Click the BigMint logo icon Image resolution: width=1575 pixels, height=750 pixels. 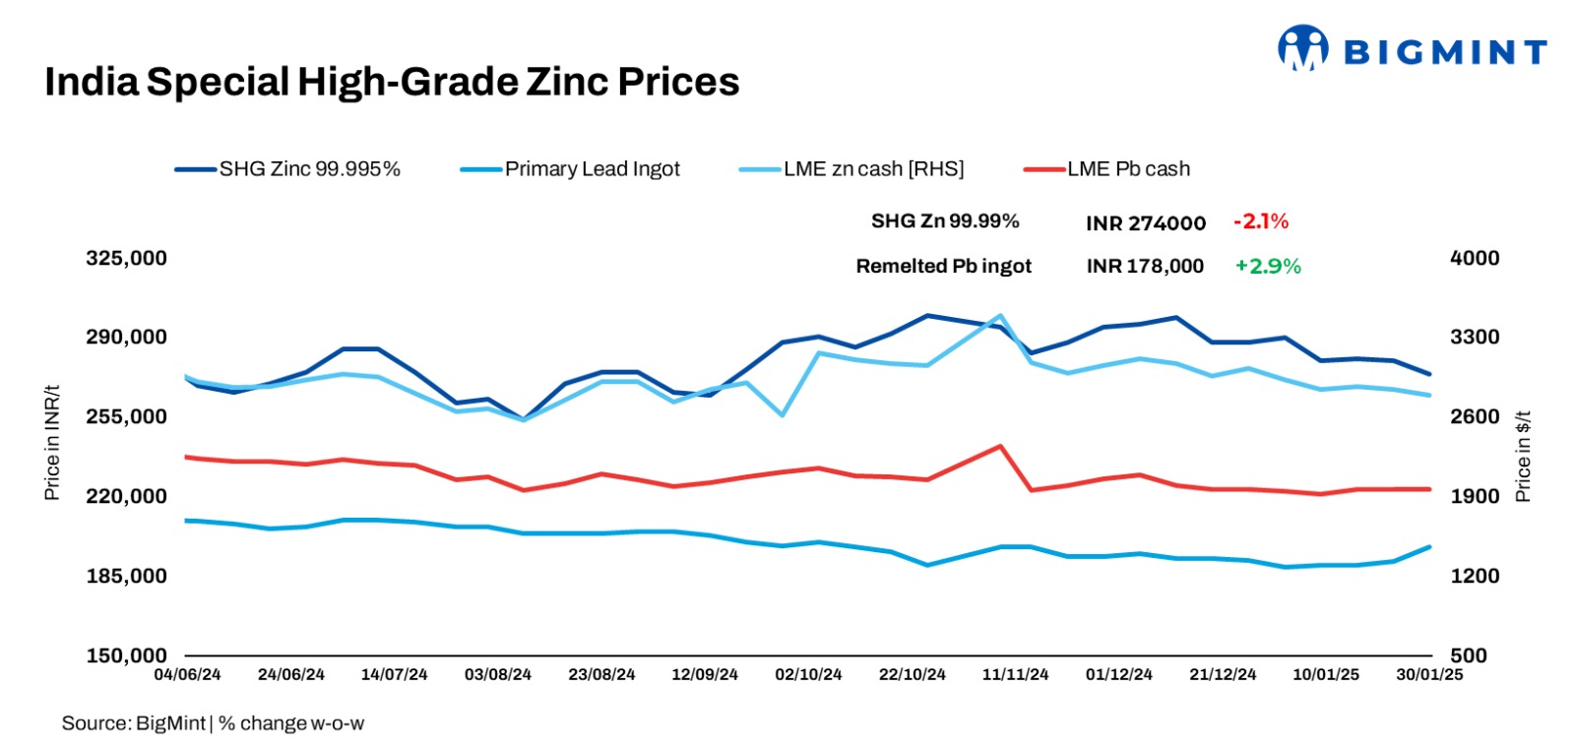pos(1303,48)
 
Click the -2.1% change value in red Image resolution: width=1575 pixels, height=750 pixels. pos(1261,221)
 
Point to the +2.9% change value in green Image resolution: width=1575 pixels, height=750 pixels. pos(1268,266)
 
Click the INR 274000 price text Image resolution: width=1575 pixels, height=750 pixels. pos(1146,223)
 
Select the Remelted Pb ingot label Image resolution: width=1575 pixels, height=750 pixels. pos(943,266)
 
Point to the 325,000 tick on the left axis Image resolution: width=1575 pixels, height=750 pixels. pos(126,258)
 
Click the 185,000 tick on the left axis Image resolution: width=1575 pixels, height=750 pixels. pos(126,576)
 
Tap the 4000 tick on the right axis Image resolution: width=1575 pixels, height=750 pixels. pos(1475,258)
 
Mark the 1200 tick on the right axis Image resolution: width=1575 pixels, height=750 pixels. pos(1475,576)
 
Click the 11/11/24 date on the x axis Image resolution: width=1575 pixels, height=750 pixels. pos(1015,675)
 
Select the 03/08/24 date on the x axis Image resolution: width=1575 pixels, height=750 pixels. pos(497,675)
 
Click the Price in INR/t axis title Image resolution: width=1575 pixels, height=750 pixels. pos(52,443)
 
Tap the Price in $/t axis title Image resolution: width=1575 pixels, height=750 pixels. pos(1523,457)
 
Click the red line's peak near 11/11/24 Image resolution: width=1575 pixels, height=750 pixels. pos(1000,446)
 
